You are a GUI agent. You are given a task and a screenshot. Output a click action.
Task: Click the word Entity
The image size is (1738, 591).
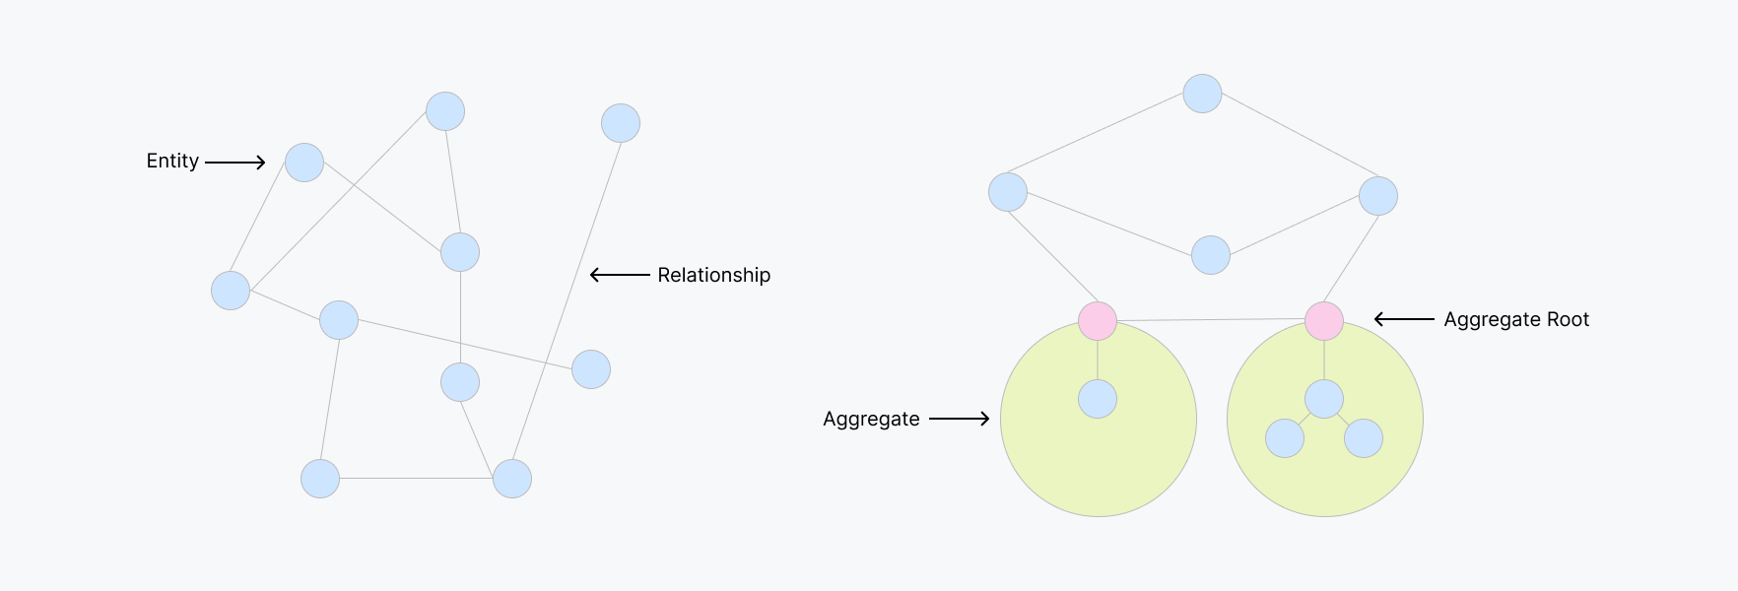point(172,162)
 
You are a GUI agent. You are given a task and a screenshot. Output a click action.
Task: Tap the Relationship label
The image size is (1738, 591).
point(713,276)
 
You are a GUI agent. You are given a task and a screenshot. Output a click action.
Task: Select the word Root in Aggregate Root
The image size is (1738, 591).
point(1567,320)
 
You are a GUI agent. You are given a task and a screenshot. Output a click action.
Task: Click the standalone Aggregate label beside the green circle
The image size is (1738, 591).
point(871,420)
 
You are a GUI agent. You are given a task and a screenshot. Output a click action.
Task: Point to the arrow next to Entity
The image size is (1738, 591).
point(235,163)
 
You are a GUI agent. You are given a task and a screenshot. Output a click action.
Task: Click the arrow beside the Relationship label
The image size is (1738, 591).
point(620,275)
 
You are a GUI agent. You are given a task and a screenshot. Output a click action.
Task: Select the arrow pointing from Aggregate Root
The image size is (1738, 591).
point(1404,319)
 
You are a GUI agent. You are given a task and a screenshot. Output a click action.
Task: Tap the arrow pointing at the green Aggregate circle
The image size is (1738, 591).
point(959,419)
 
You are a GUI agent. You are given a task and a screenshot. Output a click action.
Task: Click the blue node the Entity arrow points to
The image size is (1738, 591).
point(304,163)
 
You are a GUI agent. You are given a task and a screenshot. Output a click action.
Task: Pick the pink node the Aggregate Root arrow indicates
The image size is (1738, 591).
point(1324,321)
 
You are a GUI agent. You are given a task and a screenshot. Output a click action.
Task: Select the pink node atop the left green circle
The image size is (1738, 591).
point(1098,321)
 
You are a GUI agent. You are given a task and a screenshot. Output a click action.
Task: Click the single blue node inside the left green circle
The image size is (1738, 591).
point(1098,399)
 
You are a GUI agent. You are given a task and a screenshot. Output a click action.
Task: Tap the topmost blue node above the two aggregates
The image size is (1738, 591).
point(1202,94)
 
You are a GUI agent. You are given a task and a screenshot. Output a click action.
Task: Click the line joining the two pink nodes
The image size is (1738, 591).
point(1211,320)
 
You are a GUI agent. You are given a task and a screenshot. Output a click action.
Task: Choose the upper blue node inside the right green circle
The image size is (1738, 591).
point(1324,399)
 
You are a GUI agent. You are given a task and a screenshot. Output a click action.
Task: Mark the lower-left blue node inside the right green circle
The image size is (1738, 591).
point(1285,438)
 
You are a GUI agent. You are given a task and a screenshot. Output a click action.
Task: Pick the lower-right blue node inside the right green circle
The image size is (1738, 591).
point(1364,438)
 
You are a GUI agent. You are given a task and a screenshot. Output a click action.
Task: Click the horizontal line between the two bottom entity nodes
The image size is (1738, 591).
point(416,479)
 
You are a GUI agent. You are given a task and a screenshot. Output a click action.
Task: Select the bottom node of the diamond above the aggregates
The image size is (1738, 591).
point(1211,255)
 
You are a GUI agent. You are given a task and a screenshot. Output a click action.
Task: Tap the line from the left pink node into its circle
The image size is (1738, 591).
point(1098,361)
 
